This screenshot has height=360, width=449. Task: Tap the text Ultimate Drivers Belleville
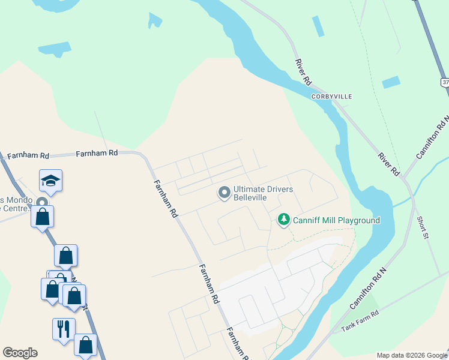pos(263,193)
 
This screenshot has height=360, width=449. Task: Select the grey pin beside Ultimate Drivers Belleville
pos(224,193)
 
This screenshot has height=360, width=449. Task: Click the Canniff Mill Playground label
pos(336,220)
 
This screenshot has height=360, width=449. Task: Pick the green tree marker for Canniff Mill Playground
pos(284,220)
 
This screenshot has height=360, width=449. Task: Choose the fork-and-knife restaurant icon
pos(64,329)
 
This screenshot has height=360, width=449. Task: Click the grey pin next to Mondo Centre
pos(42,203)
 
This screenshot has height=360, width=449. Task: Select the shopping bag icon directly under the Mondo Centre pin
pos(43,217)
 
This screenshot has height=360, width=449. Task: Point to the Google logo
pos(20,353)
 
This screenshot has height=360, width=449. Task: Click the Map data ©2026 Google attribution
pos(412,355)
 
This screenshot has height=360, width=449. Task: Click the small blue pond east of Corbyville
pos(391,82)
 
